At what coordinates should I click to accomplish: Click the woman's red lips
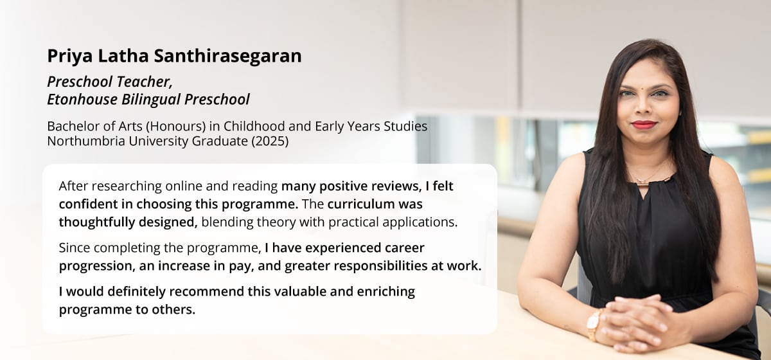(x=643, y=124)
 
